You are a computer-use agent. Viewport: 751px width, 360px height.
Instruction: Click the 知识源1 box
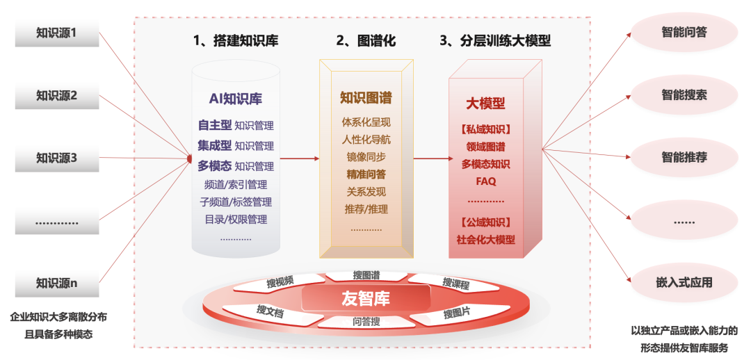tap(57, 33)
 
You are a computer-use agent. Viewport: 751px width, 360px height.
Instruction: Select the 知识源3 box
tap(57, 158)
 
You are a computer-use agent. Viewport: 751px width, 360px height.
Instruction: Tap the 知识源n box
tap(57, 283)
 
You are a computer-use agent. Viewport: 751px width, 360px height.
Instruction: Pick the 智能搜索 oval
tap(684, 95)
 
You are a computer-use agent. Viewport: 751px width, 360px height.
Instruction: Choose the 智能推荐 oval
tap(684, 157)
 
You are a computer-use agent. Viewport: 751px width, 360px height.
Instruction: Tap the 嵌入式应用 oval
tap(684, 282)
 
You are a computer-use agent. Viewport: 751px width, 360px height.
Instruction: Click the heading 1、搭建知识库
tap(236, 41)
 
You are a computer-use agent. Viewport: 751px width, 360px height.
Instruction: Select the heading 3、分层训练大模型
tap(495, 41)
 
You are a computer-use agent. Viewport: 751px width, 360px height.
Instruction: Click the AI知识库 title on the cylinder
tap(236, 99)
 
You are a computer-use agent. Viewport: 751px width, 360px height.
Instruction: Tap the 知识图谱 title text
tap(366, 98)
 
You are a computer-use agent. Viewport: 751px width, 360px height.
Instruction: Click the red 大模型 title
tap(485, 104)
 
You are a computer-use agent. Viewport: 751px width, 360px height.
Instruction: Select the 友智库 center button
tap(366, 299)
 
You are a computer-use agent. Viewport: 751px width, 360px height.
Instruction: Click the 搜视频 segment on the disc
tap(280, 281)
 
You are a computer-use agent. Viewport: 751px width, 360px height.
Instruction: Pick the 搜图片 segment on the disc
tap(456, 313)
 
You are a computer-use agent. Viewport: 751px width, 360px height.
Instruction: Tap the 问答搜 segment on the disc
tap(366, 321)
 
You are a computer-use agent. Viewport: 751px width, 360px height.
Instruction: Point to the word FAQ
tap(486, 181)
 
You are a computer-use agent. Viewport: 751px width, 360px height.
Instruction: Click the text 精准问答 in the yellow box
tap(366, 174)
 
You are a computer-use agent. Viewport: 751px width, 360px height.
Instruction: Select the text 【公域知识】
tap(486, 222)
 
